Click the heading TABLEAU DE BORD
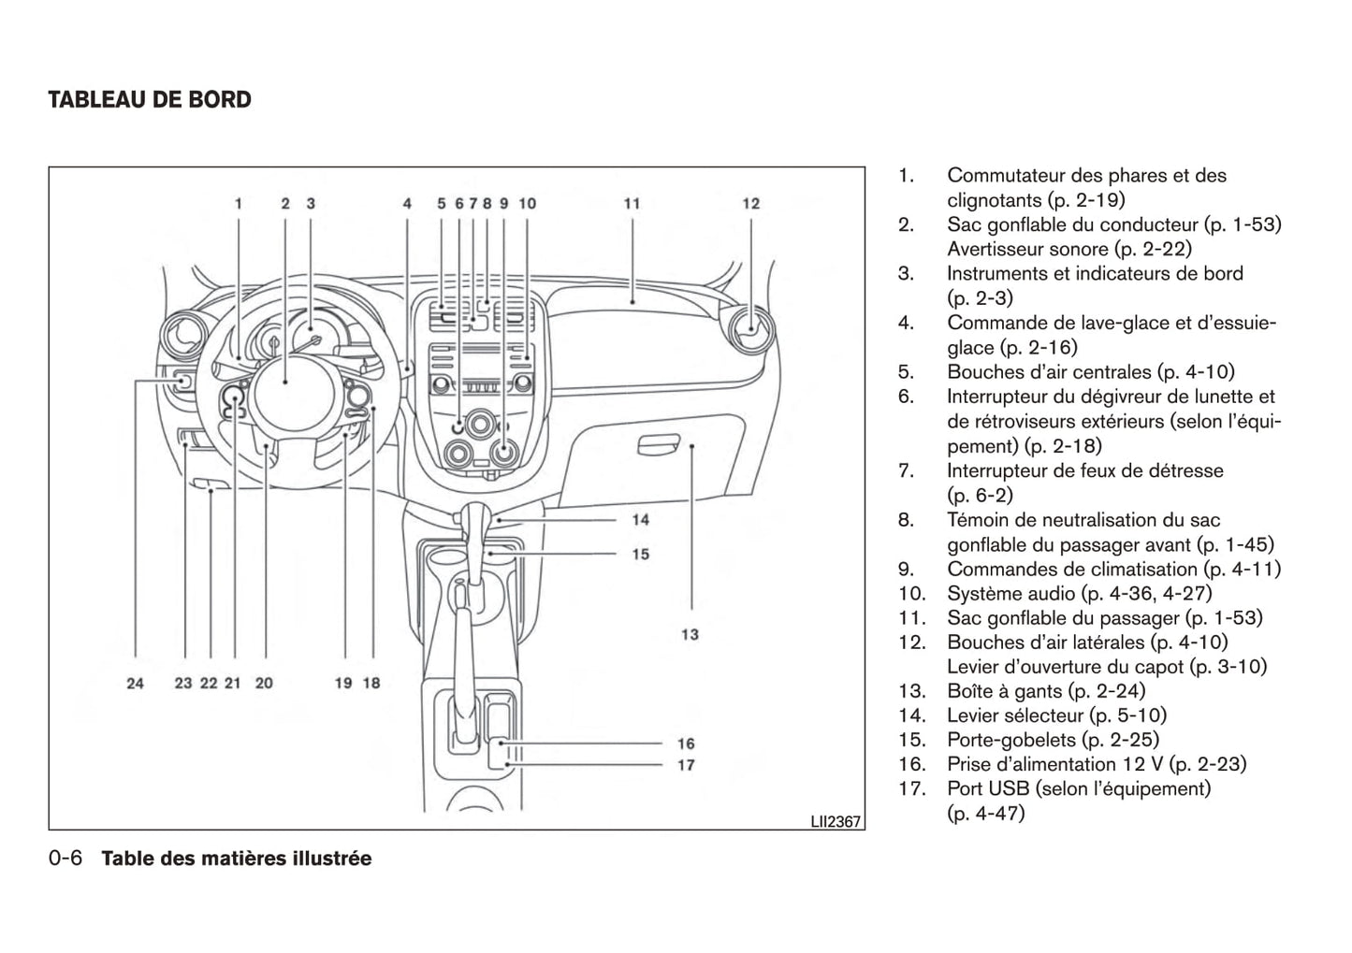(150, 100)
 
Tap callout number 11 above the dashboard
(632, 203)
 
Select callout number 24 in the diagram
(136, 683)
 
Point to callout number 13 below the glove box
(690, 634)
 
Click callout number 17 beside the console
(686, 765)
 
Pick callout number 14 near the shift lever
(640, 519)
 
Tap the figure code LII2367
(836, 822)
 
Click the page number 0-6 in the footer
(66, 859)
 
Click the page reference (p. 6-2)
(980, 496)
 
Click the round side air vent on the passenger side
(749, 325)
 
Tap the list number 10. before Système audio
(911, 594)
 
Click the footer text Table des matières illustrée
(236, 859)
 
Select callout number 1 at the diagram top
(239, 203)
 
